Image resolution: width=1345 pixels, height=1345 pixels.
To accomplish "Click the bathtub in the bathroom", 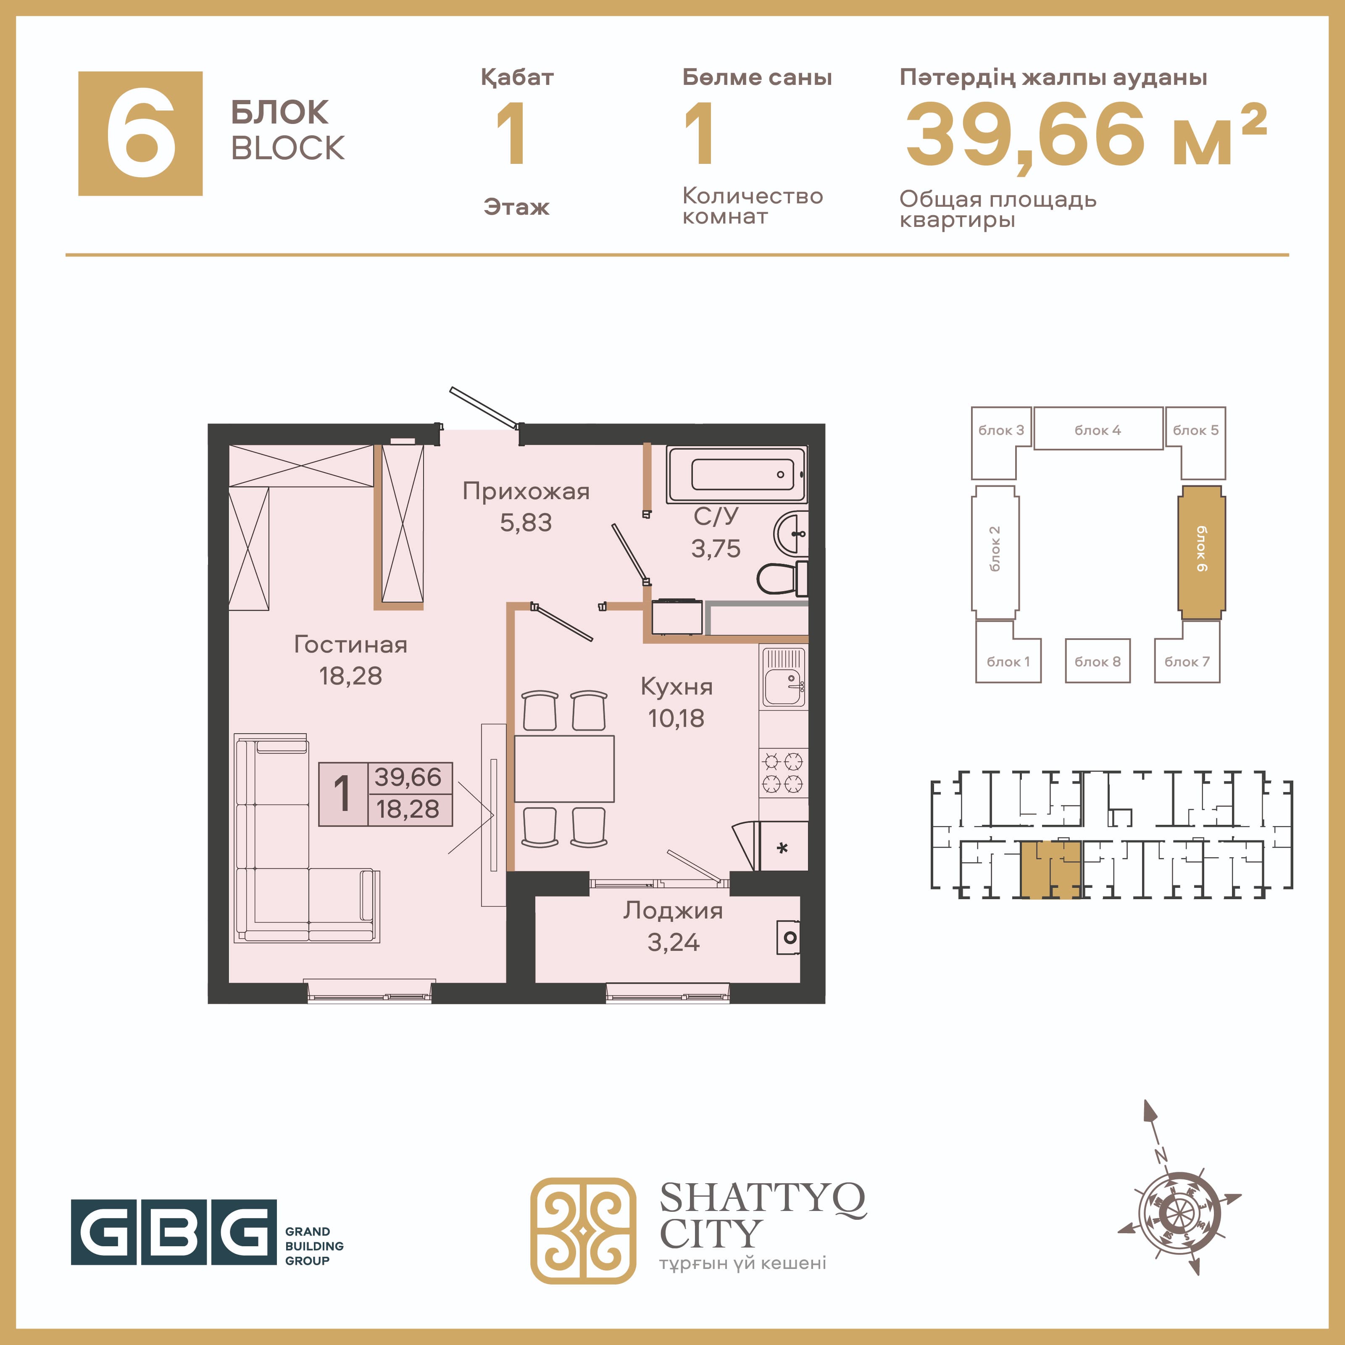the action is coord(737,474).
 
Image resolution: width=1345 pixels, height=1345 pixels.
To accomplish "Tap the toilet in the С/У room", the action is coord(782,578).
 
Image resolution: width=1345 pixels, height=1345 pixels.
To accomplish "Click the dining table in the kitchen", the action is coord(565,769).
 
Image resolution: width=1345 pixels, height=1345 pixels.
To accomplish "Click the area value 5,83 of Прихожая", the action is coord(526,522).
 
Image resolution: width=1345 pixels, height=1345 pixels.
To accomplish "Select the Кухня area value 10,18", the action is coord(676,718).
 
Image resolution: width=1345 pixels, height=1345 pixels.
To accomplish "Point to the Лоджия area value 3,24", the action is coord(673,942).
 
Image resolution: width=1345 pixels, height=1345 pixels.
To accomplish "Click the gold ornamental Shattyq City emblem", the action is coord(583,1230).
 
